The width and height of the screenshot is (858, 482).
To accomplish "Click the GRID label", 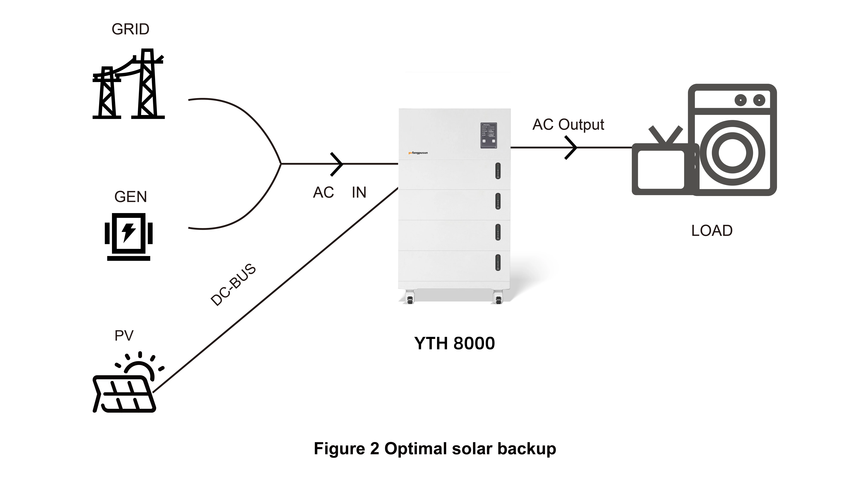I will point(130,29).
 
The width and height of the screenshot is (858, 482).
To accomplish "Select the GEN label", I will point(130,197).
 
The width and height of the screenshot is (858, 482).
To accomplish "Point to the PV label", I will point(124,336).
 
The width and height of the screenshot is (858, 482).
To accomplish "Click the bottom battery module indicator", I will point(498,262).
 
